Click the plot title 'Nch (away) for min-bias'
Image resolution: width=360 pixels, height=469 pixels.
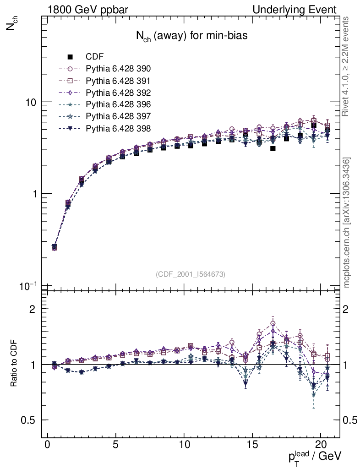(191, 36)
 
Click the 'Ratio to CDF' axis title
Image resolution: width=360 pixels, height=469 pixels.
(14, 365)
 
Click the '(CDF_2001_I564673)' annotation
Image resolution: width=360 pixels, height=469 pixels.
(191, 274)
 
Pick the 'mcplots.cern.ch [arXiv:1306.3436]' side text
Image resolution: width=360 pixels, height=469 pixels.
(347, 223)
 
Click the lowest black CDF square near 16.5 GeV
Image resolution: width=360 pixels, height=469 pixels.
(273, 148)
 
